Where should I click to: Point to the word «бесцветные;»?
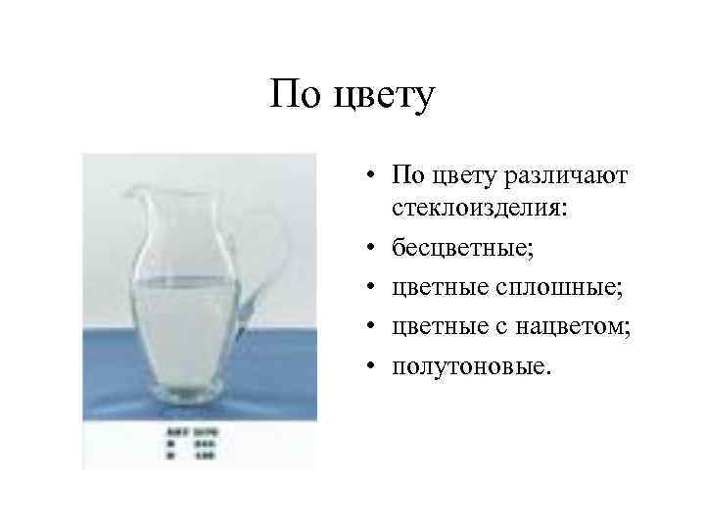(463, 247)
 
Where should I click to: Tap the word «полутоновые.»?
(472, 365)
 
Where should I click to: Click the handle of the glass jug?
(275, 245)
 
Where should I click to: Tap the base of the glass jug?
(190, 396)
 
